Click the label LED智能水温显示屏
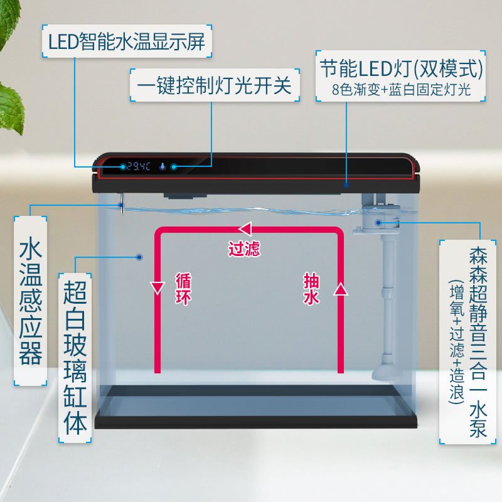click(127, 41)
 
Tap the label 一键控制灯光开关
click(212, 86)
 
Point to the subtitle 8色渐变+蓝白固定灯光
click(402, 89)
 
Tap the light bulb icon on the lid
click(162, 167)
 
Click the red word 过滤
click(244, 249)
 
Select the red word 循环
click(183, 289)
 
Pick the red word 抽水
click(312, 289)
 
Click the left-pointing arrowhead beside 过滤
click(245, 229)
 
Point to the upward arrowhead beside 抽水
click(340, 289)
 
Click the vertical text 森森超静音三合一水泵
click(476, 342)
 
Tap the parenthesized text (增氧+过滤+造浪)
click(456, 342)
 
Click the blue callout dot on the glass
click(139, 257)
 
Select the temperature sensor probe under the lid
click(123, 203)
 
